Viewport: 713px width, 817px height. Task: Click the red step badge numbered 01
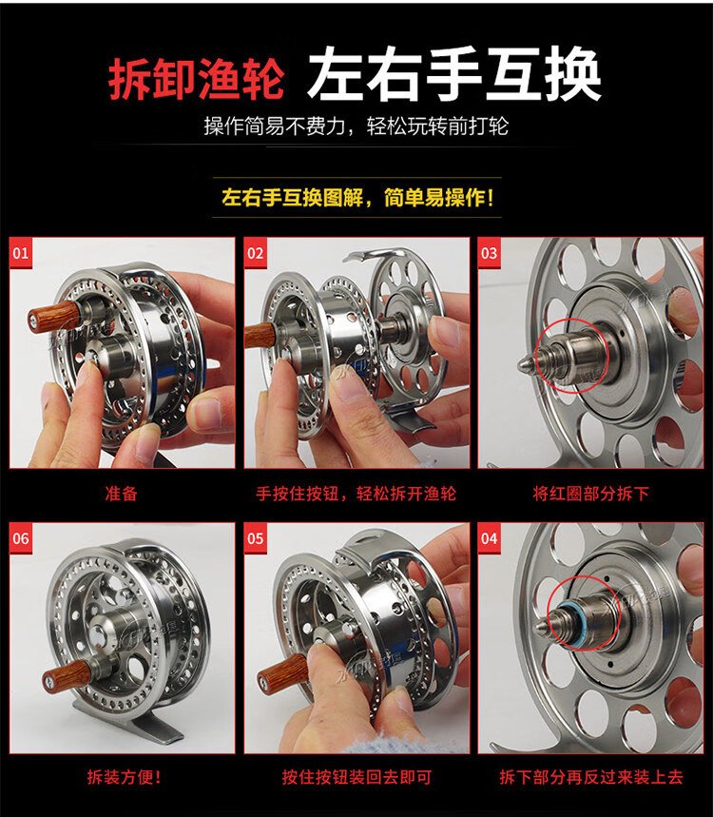21,253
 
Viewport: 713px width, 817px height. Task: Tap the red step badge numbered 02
255,253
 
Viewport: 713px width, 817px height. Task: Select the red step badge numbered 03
489,253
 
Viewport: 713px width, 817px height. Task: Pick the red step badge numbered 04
489,538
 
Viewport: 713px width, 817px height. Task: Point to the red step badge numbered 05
255,538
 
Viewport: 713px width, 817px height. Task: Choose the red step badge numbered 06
21,538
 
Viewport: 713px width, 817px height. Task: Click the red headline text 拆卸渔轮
197,79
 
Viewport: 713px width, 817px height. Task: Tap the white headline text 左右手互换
454,74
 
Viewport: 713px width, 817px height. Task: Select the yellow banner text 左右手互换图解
292,198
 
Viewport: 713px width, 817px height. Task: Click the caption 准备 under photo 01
122,493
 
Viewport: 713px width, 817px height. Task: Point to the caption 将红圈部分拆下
590,493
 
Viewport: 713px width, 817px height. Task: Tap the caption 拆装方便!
124,777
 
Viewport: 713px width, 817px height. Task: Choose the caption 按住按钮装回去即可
356,777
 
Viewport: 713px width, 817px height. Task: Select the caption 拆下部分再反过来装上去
591,777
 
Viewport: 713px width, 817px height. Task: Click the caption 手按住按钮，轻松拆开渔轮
356,493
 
